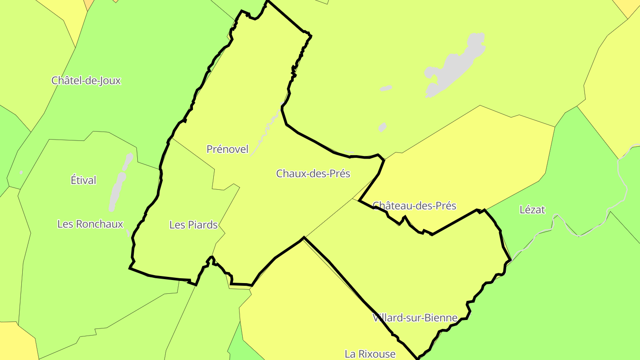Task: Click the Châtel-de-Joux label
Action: point(86,80)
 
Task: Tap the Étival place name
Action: point(84,180)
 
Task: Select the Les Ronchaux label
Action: point(90,224)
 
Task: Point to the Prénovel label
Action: point(228,149)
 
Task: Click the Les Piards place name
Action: point(193,225)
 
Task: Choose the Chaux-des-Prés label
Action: point(313,173)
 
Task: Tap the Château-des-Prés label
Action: point(414,206)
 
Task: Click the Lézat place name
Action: point(532,210)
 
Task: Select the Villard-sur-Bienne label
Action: point(415,318)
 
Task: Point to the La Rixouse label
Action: point(370,354)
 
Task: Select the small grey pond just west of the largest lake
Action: point(386,88)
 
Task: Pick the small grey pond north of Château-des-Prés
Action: point(382,128)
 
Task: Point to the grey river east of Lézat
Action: point(622,178)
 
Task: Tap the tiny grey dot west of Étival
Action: point(21,172)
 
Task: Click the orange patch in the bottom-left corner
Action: point(16,342)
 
